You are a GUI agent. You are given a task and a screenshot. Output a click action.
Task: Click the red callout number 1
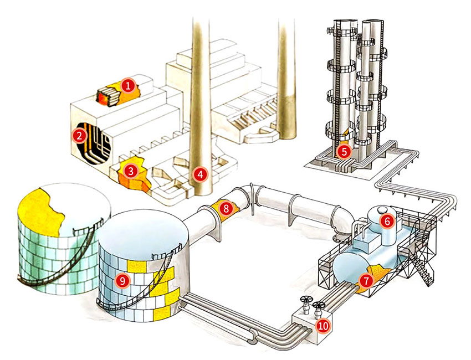coord(127,85)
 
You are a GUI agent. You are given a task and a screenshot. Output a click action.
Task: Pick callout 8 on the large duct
coord(225,209)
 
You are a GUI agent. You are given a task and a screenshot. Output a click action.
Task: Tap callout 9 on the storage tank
coord(122,280)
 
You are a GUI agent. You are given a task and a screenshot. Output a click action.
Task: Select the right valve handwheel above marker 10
coord(318,306)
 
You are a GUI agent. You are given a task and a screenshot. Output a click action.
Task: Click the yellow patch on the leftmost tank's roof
coord(39,208)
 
